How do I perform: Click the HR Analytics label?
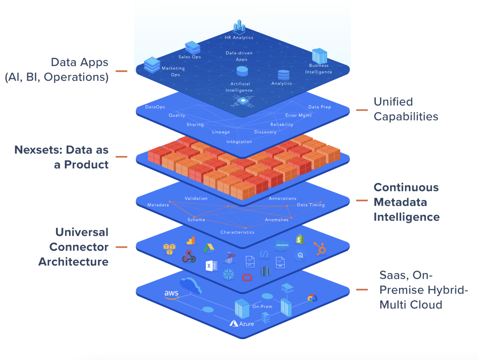tap(239, 38)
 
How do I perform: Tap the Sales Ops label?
tap(189, 57)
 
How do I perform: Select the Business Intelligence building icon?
tap(319, 56)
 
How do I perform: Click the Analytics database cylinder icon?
tap(283, 75)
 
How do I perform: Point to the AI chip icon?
tap(242, 101)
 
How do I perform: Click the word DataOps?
tap(155, 107)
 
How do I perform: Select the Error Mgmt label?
tap(298, 115)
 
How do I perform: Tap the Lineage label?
tap(221, 132)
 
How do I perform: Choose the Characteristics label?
tap(237, 232)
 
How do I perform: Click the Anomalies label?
tap(277, 220)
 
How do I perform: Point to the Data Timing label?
tap(311, 205)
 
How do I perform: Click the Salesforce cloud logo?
tap(282, 245)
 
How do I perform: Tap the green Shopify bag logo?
tap(300, 239)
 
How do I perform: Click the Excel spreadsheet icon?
tap(211, 265)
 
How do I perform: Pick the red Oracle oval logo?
tap(247, 277)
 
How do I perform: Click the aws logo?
tap(171, 294)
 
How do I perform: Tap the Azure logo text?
tap(242, 324)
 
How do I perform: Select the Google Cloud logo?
tap(312, 298)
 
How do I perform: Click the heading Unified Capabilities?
tap(406, 109)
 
